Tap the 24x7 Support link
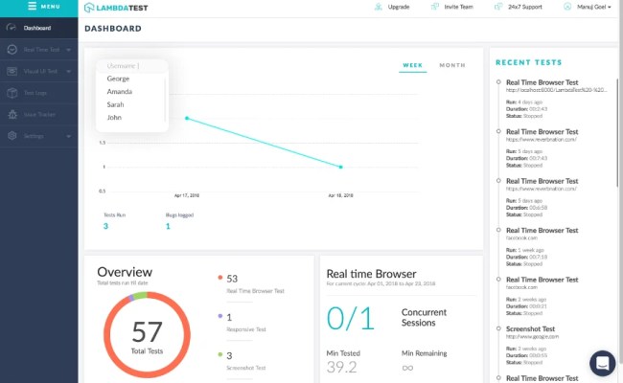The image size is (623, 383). click(x=524, y=7)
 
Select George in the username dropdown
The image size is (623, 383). click(x=119, y=79)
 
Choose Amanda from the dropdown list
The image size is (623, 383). click(x=121, y=91)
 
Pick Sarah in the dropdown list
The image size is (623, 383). click(x=116, y=104)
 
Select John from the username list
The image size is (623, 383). click(x=114, y=118)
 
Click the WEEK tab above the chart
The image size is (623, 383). click(x=412, y=65)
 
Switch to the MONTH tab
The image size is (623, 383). click(x=451, y=65)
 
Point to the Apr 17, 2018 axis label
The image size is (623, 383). click(x=187, y=194)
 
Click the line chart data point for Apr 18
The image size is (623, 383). click(x=341, y=167)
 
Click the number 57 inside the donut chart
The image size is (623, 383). click(x=147, y=333)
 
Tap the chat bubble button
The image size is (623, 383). click(x=602, y=362)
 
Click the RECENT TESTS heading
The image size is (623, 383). click(x=528, y=62)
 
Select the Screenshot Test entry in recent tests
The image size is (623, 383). click(x=535, y=327)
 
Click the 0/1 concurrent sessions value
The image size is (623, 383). click(x=349, y=318)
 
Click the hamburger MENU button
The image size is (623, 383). click(x=38, y=7)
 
